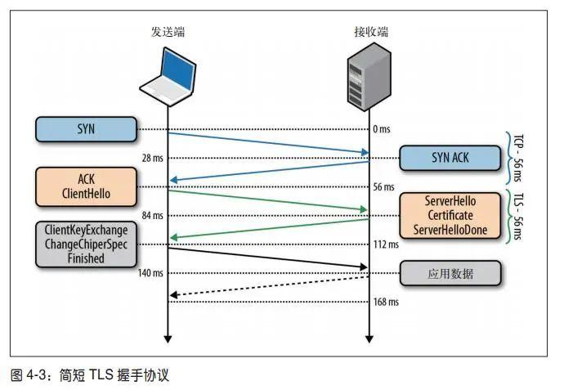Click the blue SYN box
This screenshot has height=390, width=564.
(x=85, y=128)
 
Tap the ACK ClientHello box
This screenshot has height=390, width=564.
(x=85, y=186)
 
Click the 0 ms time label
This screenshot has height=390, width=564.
(x=383, y=129)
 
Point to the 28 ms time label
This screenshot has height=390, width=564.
(x=152, y=158)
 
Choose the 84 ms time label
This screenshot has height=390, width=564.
(x=152, y=216)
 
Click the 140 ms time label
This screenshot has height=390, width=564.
(x=150, y=273)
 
